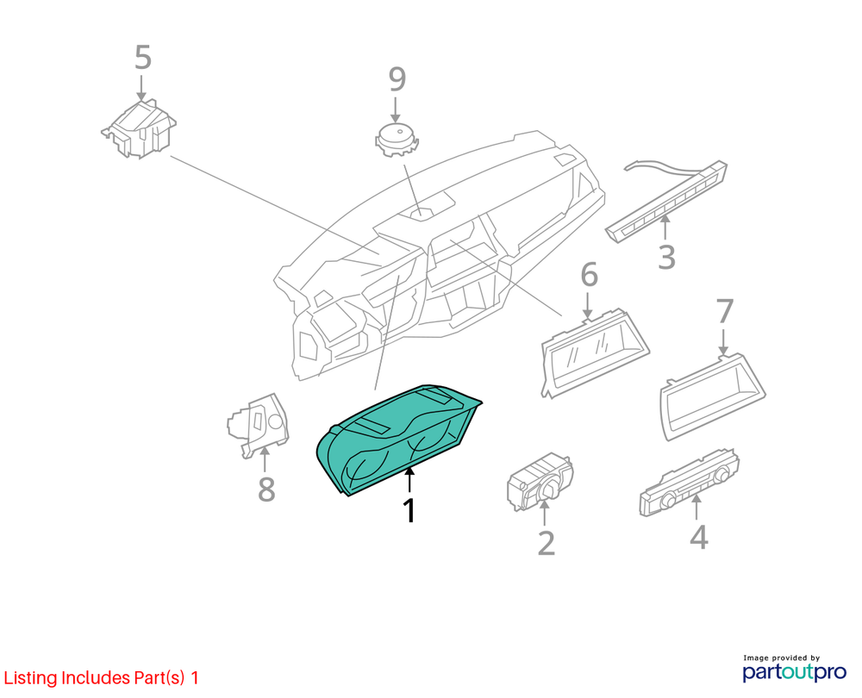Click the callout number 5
(143, 58)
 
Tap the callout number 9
(397, 79)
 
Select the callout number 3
(666, 257)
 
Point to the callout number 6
(589, 275)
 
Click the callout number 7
(725, 312)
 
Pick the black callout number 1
(409, 511)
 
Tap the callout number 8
(266, 489)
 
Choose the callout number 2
(546, 543)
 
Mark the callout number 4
(698, 536)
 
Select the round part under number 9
(397, 140)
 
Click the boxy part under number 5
(140, 129)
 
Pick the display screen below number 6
(596, 352)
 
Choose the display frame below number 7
(713, 396)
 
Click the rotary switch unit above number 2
(540, 482)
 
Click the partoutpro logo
(795, 669)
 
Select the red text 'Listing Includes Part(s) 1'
(101, 677)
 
